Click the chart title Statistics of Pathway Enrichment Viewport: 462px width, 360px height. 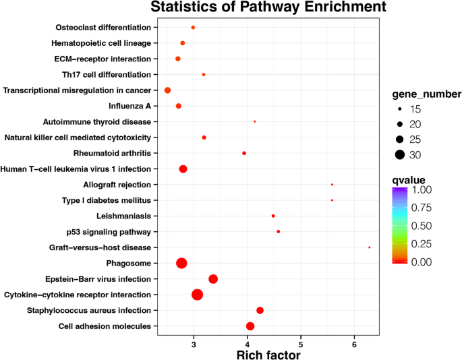(268, 8)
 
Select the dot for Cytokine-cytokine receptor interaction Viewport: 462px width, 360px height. (197, 295)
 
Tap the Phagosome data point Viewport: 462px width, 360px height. (181, 263)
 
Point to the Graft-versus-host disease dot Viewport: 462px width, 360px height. (370, 247)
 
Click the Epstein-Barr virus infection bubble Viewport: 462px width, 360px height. (213, 279)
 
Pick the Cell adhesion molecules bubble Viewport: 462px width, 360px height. (250, 326)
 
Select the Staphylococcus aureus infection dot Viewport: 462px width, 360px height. (260, 310)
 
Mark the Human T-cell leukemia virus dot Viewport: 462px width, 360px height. (183, 169)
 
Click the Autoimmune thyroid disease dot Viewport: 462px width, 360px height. (254, 121)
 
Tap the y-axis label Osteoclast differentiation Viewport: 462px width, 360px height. (103, 28)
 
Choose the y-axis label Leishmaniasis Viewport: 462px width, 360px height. (122, 216)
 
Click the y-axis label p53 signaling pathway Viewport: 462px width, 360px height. (110, 232)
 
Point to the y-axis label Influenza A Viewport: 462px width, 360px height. (129, 106)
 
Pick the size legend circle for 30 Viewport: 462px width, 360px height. (399, 154)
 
